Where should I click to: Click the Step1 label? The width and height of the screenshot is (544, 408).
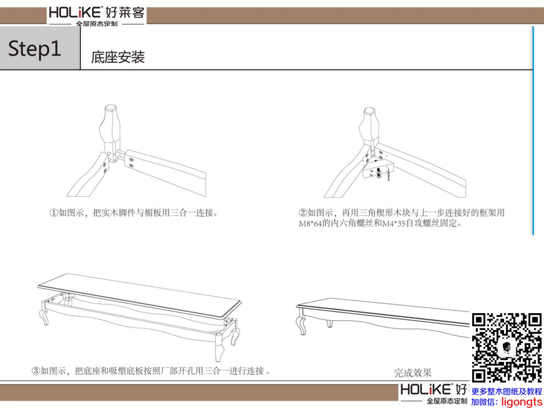34,48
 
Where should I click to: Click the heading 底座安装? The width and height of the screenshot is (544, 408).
118,57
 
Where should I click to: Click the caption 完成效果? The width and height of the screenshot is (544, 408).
413,373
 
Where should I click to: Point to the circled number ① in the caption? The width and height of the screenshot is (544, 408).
53,212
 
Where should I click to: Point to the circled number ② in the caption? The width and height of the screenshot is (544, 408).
303,212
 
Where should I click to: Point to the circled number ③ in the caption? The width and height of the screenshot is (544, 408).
36,371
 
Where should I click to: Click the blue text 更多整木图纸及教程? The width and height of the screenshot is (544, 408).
507,392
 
